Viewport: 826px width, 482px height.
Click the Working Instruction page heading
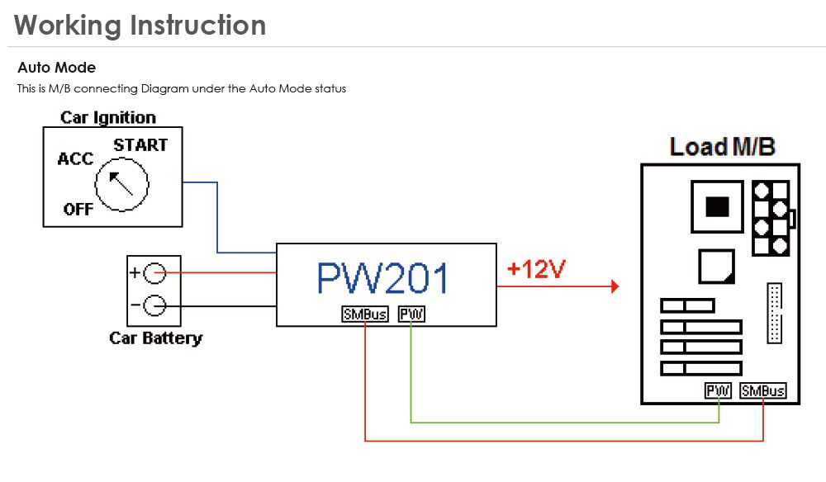(140, 25)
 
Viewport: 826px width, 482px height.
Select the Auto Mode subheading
(56, 68)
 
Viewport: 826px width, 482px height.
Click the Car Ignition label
(108, 117)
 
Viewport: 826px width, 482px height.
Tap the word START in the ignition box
(140, 145)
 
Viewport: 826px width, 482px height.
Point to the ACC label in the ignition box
(75, 158)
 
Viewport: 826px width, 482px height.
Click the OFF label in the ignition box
(78, 209)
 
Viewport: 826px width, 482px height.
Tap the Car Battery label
(155, 338)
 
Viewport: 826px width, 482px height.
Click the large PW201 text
(383, 279)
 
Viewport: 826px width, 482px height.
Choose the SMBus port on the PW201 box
(364, 314)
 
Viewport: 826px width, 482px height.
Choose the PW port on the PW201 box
(411, 314)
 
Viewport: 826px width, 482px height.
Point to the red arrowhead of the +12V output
(614, 286)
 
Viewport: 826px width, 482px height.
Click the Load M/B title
(722, 147)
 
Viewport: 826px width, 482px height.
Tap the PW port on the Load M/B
(719, 390)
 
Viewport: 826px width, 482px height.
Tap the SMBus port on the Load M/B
(763, 390)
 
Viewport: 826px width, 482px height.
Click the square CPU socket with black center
(717, 206)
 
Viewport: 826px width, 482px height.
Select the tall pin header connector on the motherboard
(774, 313)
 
